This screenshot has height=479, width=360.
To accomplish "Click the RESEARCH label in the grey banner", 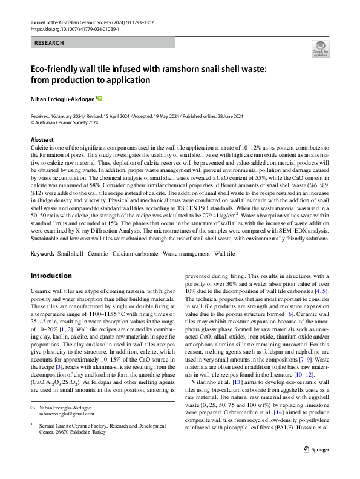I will (x=48, y=43).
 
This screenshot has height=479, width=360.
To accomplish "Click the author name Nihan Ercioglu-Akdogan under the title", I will (x=62, y=98).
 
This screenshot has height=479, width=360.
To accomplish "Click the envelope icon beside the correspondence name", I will (x=33, y=425).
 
